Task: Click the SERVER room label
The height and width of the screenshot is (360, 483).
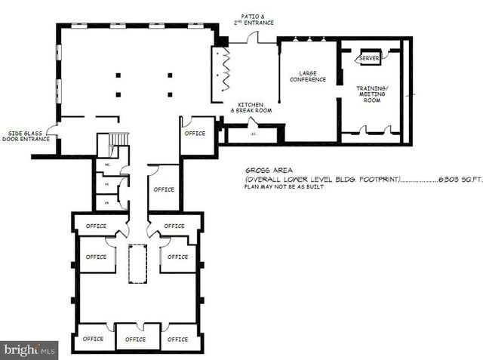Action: pyautogui.click(x=369, y=58)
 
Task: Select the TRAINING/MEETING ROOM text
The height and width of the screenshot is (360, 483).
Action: pyautogui.click(x=372, y=94)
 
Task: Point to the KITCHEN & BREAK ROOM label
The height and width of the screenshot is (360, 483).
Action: pyautogui.click(x=251, y=107)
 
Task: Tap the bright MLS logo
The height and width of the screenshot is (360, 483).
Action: pyautogui.click(x=29, y=349)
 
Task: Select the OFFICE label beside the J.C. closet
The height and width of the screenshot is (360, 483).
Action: pyautogui.click(x=195, y=133)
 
